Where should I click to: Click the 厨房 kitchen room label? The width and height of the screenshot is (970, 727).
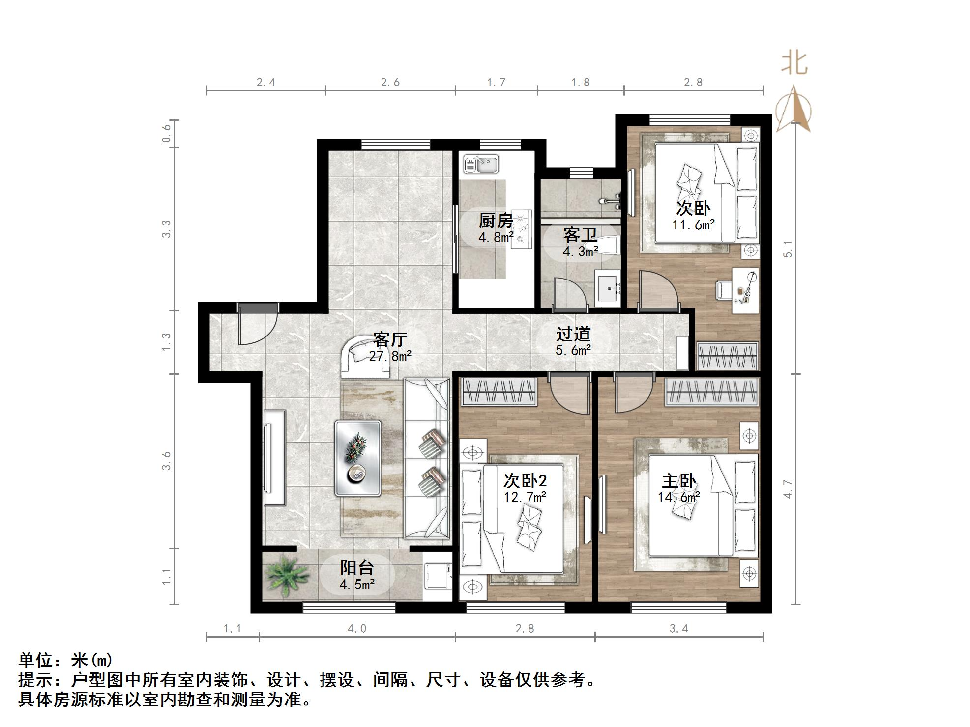pos(496,221)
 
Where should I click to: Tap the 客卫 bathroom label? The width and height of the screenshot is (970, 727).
pos(580,235)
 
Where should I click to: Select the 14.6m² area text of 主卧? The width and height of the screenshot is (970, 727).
pos(679,497)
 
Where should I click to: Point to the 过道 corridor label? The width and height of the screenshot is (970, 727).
pos(573,335)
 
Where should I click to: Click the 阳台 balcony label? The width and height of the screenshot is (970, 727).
pos(357,568)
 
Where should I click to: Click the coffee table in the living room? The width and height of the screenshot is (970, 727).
pos(357,458)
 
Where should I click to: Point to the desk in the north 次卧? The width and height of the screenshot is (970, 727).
pos(745,290)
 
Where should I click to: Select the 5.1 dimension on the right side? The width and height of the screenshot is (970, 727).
pos(788,249)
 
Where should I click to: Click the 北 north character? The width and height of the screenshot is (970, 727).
pos(794,64)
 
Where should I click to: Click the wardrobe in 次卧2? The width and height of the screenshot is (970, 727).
pos(499,392)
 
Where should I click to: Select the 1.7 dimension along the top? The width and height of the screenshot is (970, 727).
pos(496,82)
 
